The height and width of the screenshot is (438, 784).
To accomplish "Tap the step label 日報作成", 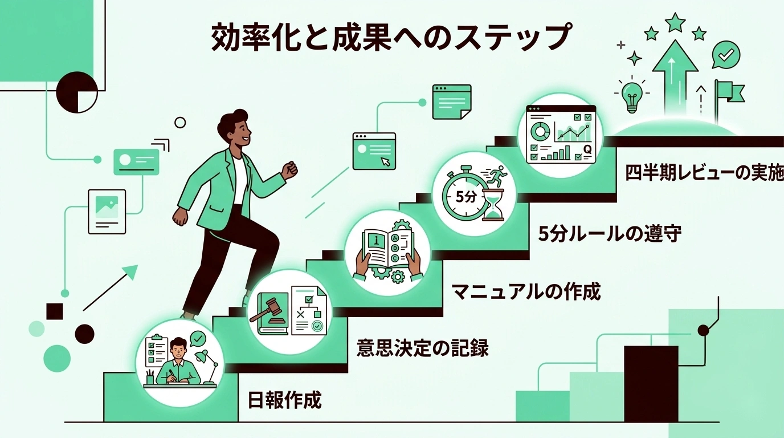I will tap(285, 400).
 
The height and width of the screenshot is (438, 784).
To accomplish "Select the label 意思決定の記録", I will tap(422, 347).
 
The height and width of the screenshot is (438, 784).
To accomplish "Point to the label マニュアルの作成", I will tap(526, 291).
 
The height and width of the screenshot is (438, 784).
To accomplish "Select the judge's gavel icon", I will tap(268, 311).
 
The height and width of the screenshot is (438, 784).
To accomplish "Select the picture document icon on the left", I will tap(107, 211).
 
